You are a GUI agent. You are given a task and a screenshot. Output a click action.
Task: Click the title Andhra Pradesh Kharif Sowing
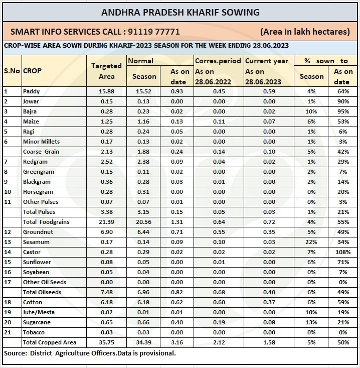click(180, 12)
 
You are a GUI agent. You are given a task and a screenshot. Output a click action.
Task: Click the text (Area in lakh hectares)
click(305, 32)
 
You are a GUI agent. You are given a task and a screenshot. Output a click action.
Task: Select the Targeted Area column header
click(106, 71)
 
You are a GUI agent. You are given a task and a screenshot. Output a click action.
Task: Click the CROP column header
click(33, 71)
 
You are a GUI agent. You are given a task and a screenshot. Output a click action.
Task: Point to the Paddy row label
click(32, 91)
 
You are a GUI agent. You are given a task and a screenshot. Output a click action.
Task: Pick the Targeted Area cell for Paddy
click(106, 91)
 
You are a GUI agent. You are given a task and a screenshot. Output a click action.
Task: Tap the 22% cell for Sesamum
click(311, 242)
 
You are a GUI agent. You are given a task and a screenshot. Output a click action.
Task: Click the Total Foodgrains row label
click(46, 222)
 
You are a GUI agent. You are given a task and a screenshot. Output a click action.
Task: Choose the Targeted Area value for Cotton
click(106, 302)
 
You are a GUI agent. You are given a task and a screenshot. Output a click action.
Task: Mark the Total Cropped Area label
click(50, 342)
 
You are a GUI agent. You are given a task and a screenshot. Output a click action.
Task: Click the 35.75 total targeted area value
click(106, 342)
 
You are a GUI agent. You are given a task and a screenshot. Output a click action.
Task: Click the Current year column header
click(267, 61)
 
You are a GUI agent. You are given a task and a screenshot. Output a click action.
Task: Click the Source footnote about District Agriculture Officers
click(90, 353)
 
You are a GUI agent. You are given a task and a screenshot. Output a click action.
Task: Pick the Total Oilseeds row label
click(42, 292)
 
